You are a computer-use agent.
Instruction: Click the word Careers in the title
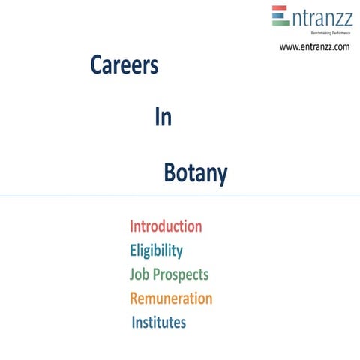tap(124, 66)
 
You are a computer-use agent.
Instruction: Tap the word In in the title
tap(163, 118)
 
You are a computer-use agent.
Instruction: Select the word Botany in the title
tap(195, 174)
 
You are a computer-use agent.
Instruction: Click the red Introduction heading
tap(166, 226)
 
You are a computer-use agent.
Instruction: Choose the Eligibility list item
tap(156, 250)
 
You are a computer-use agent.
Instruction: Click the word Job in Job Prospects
tap(140, 274)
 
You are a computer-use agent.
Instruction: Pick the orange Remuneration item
tap(171, 298)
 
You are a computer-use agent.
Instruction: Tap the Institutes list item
tap(159, 322)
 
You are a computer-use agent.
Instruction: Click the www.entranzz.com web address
tap(314, 47)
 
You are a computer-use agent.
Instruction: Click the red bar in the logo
tap(280, 9)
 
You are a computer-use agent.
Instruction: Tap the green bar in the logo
tap(280, 22)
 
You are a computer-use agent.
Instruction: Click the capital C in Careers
tap(96, 66)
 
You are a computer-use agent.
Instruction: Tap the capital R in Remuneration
tap(135, 298)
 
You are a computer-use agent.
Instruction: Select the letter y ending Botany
tap(222, 177)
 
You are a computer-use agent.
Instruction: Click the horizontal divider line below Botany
tap(180, 196)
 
